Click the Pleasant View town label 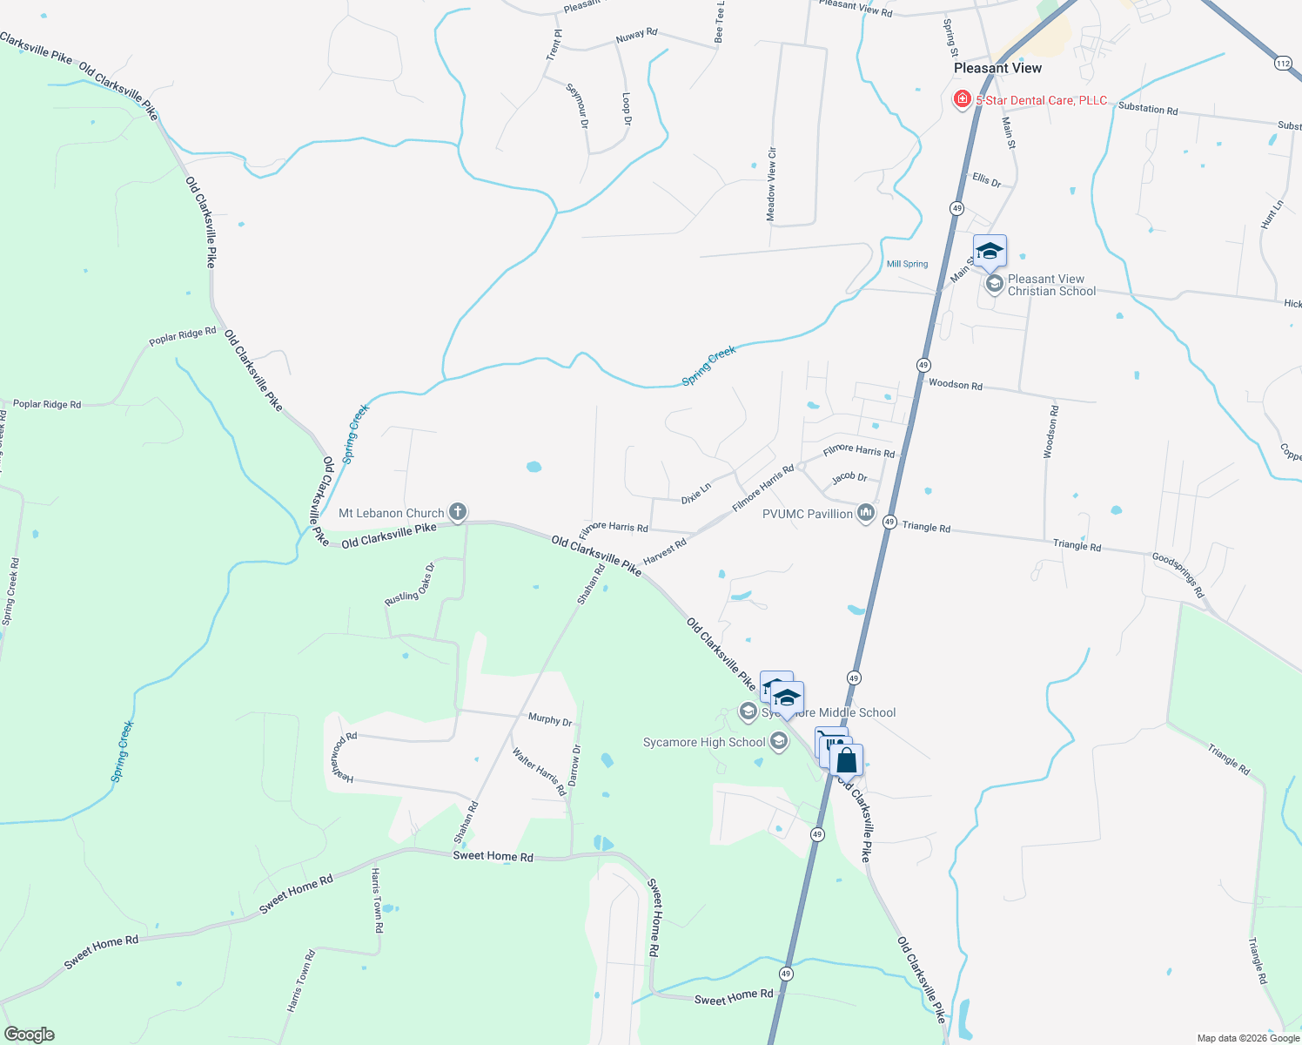click(x=997, y=68)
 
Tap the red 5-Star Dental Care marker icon click(x=962, y=99)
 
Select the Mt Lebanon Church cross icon click(x=458, y=512)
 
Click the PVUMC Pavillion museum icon click(x=865, y=513)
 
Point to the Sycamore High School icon click(x=779, y=742)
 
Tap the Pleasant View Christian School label click(x=1051, y=285)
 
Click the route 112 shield click(x=1283, y=63)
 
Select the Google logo click(x=29, y=1035)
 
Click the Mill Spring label click(x=907, y=264)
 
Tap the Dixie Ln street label click(x=696, y=494)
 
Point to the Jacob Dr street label click(x=849, y=477)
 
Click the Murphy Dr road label click(x=550, y=719)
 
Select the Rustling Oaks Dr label click(x=410, y=586)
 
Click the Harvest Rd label click(x=665, y=550)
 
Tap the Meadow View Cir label click(x=771, y=184)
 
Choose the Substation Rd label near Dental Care click(x=1147, y=109)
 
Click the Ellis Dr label click(x=986, y=179)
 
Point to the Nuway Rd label click(x=636, y=36)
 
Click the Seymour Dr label click(x=578, y=105)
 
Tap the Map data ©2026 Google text click(x=1248, y=1038)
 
